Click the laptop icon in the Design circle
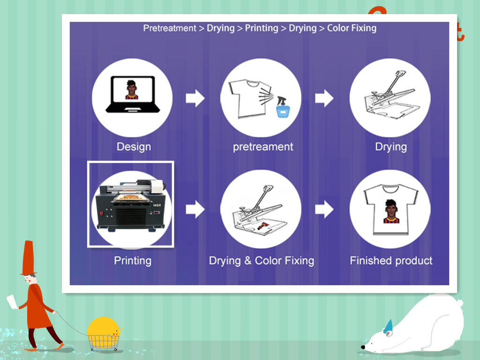(133, 94)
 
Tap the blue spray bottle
(283, 107)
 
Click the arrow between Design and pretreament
(195, 98)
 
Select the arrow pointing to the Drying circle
(324, 98)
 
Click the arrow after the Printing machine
(195, 210)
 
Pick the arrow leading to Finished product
(324, 210)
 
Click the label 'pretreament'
(263, 147)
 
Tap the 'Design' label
(134, 147)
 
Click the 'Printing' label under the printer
(133, 261)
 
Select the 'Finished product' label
(391, 261)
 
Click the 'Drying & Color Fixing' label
(262, 261)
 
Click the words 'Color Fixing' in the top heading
(352, 28)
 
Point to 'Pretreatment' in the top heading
(170, 28)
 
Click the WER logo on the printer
(157, 205)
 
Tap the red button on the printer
(101, 213)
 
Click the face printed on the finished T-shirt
(391, 211)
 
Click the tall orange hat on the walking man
(29, 258)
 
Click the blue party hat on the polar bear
(388, 327)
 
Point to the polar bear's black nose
(363, 347)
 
